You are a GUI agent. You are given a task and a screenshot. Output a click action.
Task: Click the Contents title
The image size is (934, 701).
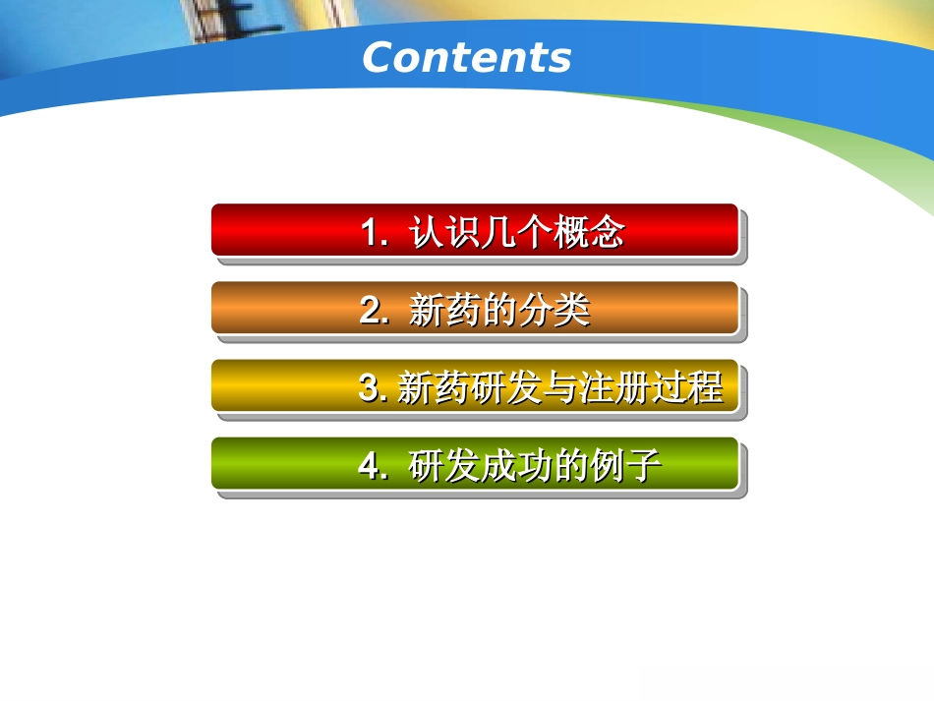point(466,57)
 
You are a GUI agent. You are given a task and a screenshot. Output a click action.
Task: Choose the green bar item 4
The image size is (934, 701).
point(474,463)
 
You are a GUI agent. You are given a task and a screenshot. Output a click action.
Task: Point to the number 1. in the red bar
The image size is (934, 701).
point(374,234)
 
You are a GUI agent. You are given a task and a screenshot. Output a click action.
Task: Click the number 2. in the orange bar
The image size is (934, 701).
point(374,312)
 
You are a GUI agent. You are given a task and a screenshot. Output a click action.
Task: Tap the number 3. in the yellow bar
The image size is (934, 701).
point(373,389)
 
